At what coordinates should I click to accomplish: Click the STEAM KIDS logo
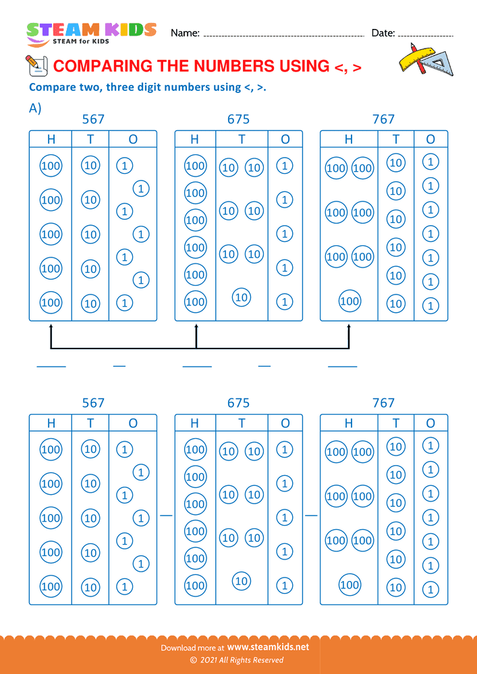click(x=91, y=33)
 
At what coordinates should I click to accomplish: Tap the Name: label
click(x=185, y=33)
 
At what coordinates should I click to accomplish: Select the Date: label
click(x=383, y=33)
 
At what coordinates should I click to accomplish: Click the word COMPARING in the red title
click(x=103, y=66)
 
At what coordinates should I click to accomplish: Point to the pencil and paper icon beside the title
click(x=35, y=65)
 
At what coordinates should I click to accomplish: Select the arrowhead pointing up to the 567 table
click(x=51, y=328)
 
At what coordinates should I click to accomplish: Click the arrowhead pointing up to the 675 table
click(x=196, y=328)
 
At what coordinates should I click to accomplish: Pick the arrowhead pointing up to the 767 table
click(x=349, y=328)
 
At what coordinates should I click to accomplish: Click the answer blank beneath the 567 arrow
click(x=51, y=366)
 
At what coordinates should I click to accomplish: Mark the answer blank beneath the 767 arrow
click(x=342, y=366)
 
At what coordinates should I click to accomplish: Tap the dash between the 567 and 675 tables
click(x=166, y=514)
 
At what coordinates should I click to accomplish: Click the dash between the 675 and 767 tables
click(x=311, y=514)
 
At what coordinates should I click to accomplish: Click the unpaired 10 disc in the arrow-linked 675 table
click(x=241, y=297)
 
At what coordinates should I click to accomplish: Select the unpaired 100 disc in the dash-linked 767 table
click(x=349, y=585)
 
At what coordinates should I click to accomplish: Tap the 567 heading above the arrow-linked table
click(x=93, y=119)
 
